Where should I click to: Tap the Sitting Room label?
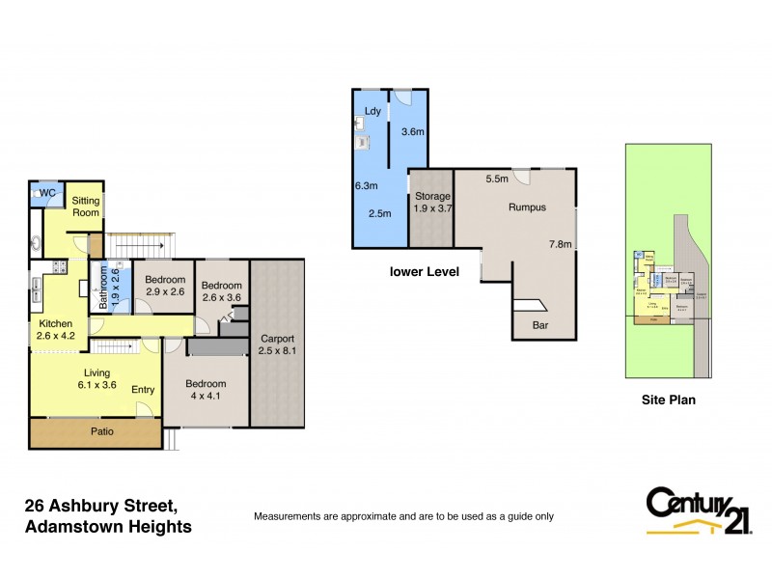coord(86,206)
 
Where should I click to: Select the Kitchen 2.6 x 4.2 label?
coord(56,330)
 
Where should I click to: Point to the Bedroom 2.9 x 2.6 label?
coord(165,285)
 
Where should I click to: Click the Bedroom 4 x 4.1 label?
coord(205,388)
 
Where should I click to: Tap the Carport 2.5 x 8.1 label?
coord(276,345)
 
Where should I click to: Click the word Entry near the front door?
coord(143,390)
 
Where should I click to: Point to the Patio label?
coord(101,431)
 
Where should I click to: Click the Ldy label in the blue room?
coord(371,112)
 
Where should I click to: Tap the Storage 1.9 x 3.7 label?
coord(432,202)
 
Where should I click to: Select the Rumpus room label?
coord(527,207)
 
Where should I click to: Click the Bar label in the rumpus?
coord(540,325)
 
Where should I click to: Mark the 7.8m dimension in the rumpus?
coord(560,244)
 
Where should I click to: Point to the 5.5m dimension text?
coord(497,179)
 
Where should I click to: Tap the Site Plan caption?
coord(669,399)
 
